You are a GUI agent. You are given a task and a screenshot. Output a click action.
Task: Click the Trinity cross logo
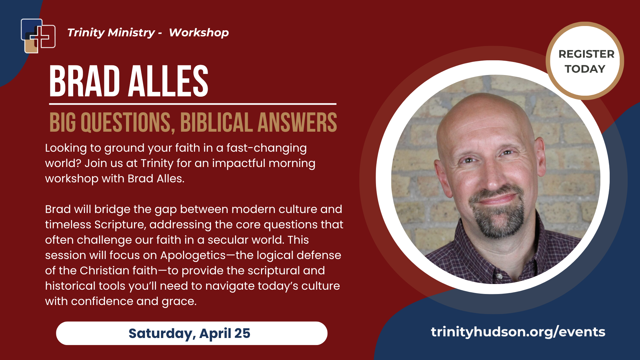click(x=38, y=36)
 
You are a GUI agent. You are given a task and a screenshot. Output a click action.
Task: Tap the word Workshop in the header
click(x=199, y=33)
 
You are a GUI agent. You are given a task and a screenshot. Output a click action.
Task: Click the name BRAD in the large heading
click(x=84, y=81)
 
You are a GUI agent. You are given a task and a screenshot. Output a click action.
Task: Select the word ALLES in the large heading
click(x=168, y=81)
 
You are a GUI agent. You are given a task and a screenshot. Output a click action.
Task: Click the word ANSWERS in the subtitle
click(x=297, y=122)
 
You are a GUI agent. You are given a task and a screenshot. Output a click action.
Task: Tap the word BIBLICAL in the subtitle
click(x=216, y=122)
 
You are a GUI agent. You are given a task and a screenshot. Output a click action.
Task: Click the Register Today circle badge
click(x=585, y=61)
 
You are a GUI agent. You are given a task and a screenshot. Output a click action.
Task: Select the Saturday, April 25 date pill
click(x=192, y=333)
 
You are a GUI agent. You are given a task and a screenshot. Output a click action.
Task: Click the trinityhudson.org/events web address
click(x=518, y=332)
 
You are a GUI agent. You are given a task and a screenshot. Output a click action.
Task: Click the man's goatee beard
click(x=497, y=213)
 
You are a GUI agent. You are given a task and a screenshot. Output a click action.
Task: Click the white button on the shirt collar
click(x=500, y=276)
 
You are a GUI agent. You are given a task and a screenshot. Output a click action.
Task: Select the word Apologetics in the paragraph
click(x=193, y=256)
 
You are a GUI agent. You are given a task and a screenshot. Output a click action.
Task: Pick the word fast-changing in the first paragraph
click(x=267, y=148)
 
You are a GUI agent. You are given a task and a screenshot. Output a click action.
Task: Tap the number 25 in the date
click(x=242, y=333)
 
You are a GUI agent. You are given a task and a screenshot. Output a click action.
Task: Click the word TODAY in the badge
click(x=585, y=69)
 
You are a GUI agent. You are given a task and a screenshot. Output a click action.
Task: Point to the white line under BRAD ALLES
click(x=193, y=104)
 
